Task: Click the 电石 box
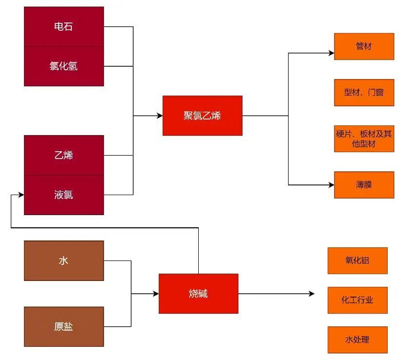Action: (64, 26)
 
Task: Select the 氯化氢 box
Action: (64, 66)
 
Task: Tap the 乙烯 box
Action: (64, 155)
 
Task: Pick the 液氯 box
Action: (64, 195)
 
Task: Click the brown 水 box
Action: (64, 260)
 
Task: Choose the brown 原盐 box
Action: (64, 327)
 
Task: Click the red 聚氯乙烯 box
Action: (202, 116)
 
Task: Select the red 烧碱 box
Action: (198, 294)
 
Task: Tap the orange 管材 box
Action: (364, 46)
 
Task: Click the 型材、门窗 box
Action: (364, 92)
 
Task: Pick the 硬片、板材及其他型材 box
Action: (364, 139)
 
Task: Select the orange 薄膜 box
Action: (364, 185)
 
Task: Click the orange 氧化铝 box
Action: (357, 260)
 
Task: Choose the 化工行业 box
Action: (357, 300)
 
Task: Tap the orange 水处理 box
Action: (357, 339)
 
